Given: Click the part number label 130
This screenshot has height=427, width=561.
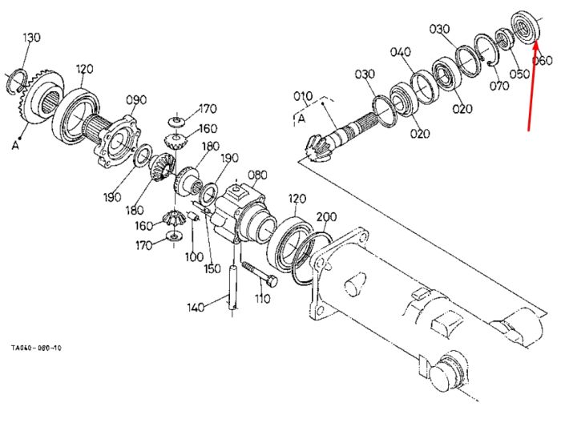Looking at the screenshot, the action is click(x=32, y=37).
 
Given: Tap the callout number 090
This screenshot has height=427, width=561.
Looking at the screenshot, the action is click(x=136, y=100).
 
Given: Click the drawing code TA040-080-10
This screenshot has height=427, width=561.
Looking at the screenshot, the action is click(x=36, y=348).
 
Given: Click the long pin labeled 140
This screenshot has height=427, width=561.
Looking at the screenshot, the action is click(x=232, y=287).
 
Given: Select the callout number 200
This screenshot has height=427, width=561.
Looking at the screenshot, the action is click(x=326, y=217).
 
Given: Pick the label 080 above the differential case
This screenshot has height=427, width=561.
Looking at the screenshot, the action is click(x=257, y=175).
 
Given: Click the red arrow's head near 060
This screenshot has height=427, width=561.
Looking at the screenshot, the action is click(x=536, y=43).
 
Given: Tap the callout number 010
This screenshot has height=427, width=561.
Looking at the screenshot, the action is click(x=303, y=96).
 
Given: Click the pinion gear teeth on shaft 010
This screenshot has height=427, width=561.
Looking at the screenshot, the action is click(x=317, y=147).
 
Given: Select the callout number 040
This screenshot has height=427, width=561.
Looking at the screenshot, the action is click(x=401, y=52).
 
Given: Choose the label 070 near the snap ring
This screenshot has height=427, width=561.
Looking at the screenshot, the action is click(x=499, y=86).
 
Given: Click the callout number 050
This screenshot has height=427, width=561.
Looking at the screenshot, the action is click(x=519, y=74).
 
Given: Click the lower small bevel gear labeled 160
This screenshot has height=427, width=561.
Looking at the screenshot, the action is click(x=174, y=218).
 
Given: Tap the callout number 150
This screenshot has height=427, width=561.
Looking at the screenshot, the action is click(x=212, y=268).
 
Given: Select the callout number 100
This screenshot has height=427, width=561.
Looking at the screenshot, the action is click(x=194, y=257).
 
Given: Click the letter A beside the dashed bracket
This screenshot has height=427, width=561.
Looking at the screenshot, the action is click(x=301, y=119).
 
